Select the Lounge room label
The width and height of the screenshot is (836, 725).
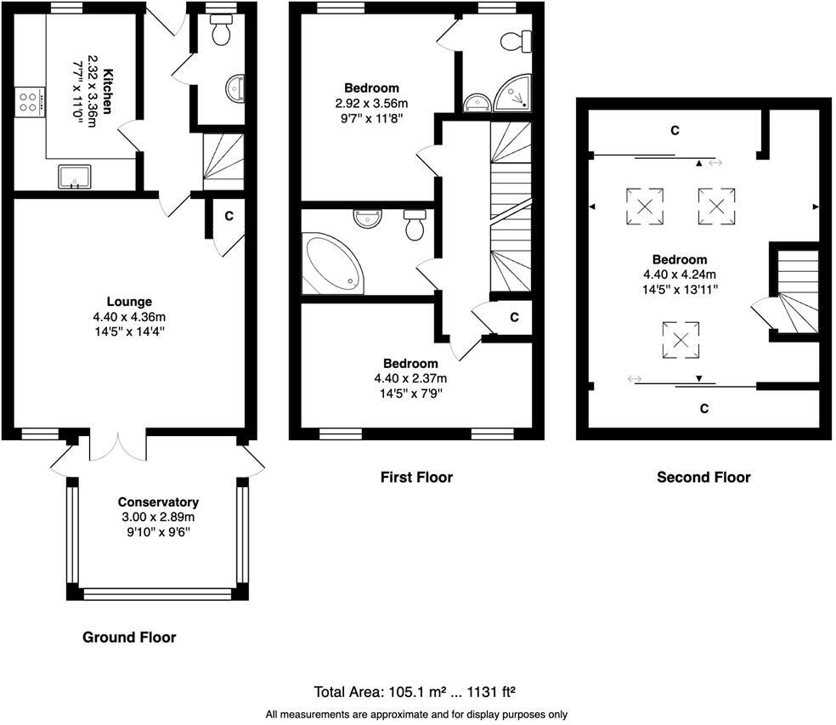pyautogui.click(x=129, y=301)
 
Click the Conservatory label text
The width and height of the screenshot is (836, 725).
pyautogui.click(x=158, y=501)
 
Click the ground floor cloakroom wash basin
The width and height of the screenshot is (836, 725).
pyautogui.click(x=235, y=87)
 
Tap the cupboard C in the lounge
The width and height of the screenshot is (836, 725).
pyautogui.click(x=229, y=216)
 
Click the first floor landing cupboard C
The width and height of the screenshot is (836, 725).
pyautogui.click(x=514, y=317)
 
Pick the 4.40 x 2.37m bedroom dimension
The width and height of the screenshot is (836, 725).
pyautogui.click(x=410, y=378)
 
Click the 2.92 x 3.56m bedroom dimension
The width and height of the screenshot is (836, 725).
pyautogui.click(x=371, y=104)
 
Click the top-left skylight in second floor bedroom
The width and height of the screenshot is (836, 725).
pyautogui.click(x=645, y=205)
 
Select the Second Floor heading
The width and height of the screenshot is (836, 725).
pyautogui.click(x=703, y=478)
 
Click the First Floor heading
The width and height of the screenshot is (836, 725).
pyautogui.click(x=416, y=478)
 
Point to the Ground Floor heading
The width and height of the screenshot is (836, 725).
pyautogui.click(x=129, y=637)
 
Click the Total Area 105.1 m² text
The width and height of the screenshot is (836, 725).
pyautogui.click(x=416, y=691)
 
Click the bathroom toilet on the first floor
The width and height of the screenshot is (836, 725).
pyautogui.click(x=415, y=225)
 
